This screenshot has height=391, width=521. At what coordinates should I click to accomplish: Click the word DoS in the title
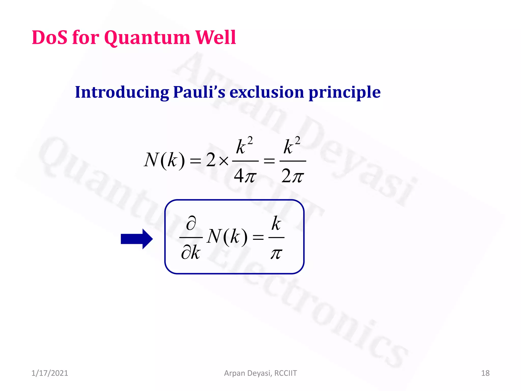pyautogui.click(x=50, y=38)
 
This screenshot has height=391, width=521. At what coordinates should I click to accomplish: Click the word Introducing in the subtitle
pyautogui.click(x=122, y=92)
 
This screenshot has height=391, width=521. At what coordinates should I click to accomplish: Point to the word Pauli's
pyautogui.click(x=199, y=92)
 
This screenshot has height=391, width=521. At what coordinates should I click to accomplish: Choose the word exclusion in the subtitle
pyautogui.click(x=267, y=92)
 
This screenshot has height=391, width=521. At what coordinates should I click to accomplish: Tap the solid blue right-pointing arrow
pyautogui.click(x=137, y=239)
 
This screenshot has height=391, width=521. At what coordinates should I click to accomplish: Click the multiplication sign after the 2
pyautogui.click(x=224, y=161)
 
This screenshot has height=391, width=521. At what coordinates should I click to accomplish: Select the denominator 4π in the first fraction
pyautogui.click(x=245, y=176)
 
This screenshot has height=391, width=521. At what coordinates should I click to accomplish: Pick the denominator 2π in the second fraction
pyautogui.click(x=292, y=176)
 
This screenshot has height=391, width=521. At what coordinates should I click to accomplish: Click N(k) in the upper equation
pyautogui.click(x=164, y=160)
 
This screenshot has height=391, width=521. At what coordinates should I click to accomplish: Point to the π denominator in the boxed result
pyautogui.click(x=276, y=254)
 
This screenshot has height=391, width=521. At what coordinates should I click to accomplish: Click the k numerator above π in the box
pyautogui.click(x=276, y=224)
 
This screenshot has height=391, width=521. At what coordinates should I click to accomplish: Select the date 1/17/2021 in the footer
pyautogui.click(x=50, y=373)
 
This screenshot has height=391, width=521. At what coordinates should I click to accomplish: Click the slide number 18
pyautogui.click(x=485, y=373)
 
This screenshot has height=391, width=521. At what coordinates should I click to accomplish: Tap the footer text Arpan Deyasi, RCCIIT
pyautogui.click(x=260, y=373)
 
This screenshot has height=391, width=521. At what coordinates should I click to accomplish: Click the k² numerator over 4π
pyautogui.click(x=244, y=146)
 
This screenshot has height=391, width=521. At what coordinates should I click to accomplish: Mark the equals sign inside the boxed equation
pyautogui.click(x=258, y=238)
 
